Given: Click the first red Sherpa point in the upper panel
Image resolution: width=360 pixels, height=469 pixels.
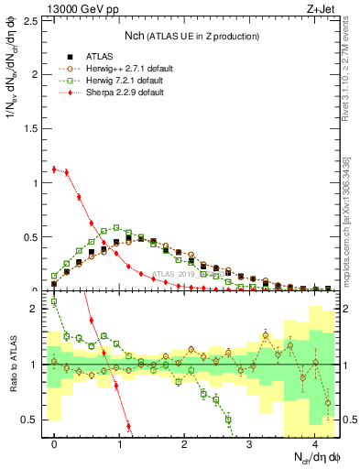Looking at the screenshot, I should pos(54,169).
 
